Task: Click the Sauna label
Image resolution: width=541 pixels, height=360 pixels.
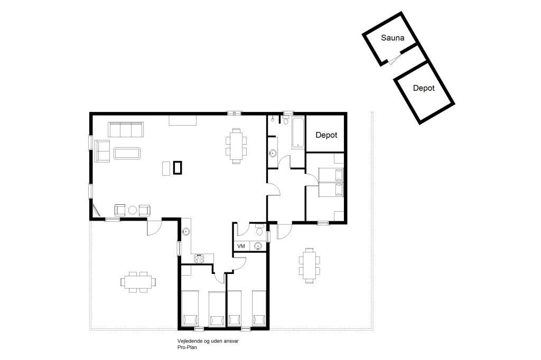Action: (393, 37)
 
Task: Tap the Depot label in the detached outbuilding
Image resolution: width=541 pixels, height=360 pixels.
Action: (424, 88)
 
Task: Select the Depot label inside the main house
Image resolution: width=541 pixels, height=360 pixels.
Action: (327, 135)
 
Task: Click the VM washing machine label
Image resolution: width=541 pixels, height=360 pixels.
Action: (241, 246)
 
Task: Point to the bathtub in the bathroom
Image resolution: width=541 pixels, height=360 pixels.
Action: (298, 133)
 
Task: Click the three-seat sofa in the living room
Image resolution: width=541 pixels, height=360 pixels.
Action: (126, 129)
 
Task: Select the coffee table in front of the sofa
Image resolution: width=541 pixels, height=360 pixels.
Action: (127, 154)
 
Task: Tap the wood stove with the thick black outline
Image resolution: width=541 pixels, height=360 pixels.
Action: (178, 168)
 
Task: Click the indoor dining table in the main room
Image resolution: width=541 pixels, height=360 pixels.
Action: (236, 146)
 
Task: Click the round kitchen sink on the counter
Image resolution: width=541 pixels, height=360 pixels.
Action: (186, 231)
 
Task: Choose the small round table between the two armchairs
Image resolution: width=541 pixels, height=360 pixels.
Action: (133, 210)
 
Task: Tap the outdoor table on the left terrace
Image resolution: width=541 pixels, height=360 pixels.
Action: (138, 282)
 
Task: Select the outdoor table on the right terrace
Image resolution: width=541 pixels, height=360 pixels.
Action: (309, 265)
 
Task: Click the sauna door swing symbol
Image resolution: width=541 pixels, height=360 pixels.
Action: (394, 59)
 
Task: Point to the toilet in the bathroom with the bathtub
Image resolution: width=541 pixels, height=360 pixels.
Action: (286, 120)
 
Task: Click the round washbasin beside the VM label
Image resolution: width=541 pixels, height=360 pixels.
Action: (258, 246)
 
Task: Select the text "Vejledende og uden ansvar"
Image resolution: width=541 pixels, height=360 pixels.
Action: (208, 341)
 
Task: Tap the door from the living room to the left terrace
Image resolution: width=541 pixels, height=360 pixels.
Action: (154, 228)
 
